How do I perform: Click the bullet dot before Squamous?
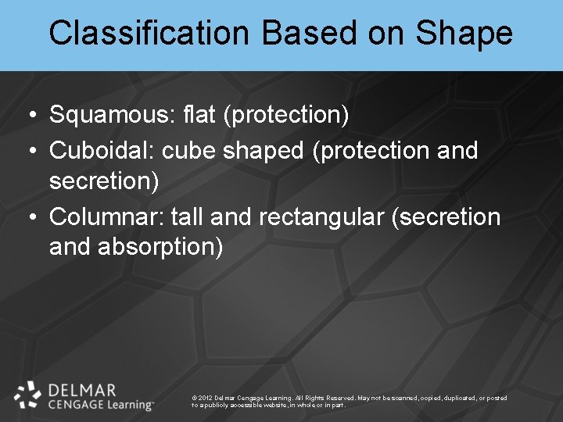29,116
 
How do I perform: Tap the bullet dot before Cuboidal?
29,151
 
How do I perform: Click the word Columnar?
104,216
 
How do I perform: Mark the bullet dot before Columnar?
29,217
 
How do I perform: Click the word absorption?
160,248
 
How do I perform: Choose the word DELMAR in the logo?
82,389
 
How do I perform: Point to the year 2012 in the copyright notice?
206,398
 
